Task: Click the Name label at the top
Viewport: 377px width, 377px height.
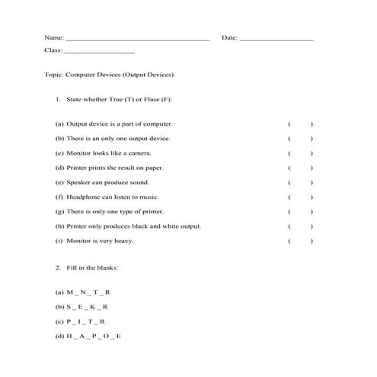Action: pyautogui.click(x=53, y=37)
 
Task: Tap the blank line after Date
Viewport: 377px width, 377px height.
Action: pyautogui.click(x=276, y=38)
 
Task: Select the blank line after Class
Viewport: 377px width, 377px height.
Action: pyautogui.click(x=100, y=52)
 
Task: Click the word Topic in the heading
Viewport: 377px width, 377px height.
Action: pyautogui.click(x=54, y=75)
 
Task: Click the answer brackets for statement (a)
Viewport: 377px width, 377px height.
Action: pyautogui.click(x=300, y=123)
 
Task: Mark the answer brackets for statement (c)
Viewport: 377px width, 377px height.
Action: pyautogui.click(x=300, y=153)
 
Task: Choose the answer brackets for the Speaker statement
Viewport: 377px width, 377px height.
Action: pyautogui.click(x=300, y=183)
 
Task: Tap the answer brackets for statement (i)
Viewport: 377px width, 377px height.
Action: pyautogui.click(x=300, y=241)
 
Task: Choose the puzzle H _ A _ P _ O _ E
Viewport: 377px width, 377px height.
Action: pyautogui.click(x=94, y=337)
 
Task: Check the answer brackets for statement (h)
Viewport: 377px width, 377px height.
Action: pyautogui.click(x=300, y=227)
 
